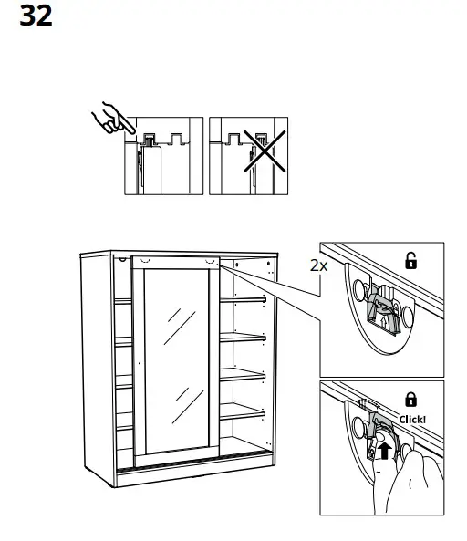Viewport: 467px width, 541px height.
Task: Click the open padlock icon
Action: pyautogui.click(x=410, y=262)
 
